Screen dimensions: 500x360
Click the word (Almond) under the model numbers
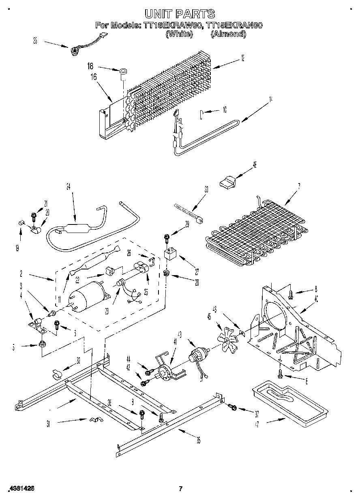click(x=228, y=34)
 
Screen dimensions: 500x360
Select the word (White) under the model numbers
click(x=179, y=34)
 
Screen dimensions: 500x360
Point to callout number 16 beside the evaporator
click(x=94, y=77)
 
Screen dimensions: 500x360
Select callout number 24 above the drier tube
click(x=68, y=187)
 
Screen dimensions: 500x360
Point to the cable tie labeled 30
click(x=188, y=213)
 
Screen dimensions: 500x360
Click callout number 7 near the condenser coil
click(x=299, y=186)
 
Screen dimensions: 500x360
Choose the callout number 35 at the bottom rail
click(x=199, y=441)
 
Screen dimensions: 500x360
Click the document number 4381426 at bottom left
click(x=21, y=489)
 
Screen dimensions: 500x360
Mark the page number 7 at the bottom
click(x=181, y=489)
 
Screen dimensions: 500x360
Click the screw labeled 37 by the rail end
click(x=232, y=406)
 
